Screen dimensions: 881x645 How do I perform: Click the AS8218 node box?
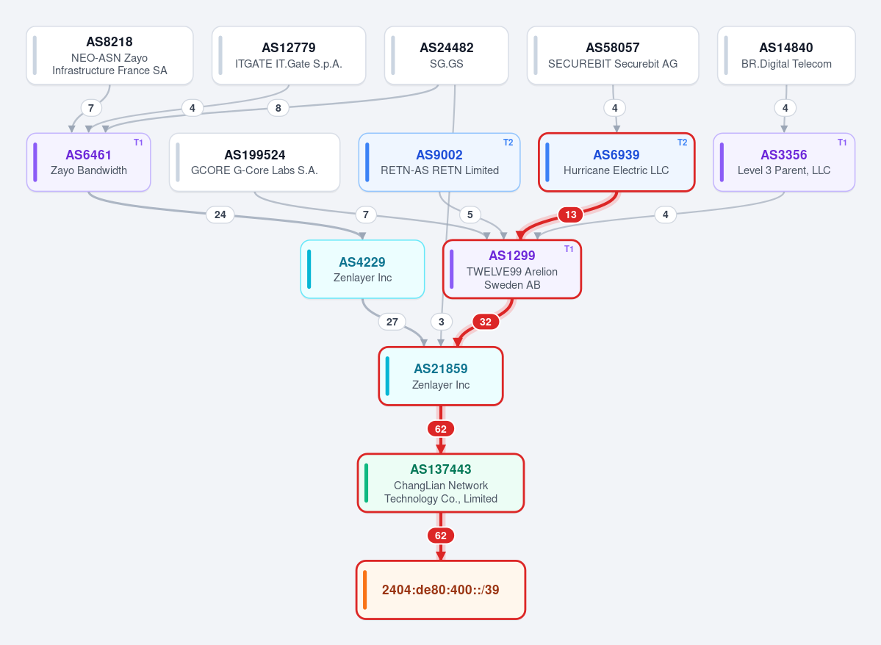[x=109, y=56]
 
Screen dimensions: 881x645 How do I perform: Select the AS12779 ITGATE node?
[x=289, y=56]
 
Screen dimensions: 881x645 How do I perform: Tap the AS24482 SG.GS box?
[x=447, y=56]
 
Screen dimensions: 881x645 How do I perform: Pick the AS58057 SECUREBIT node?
[x=613, y=56]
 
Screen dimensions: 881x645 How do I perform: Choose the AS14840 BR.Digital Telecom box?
[x=787, y=56]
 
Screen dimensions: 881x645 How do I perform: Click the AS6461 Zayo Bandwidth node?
[x=89, y=162]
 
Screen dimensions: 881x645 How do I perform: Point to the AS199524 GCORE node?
[x=254, y=162]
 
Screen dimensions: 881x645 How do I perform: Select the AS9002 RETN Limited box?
[x=439, y=162]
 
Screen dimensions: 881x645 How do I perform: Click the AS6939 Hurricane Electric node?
[x=616, y=162]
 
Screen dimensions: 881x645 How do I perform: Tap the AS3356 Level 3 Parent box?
[x=784, y=162]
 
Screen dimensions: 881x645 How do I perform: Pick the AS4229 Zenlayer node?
[x=362, y=269]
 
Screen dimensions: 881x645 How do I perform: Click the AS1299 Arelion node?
[x=512, y=269]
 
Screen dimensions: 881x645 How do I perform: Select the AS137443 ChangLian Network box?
[x=441, y=483]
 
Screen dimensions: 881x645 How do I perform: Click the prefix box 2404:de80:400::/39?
[x=441, y=590]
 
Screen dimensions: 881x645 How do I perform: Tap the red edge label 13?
[x=571, y=215]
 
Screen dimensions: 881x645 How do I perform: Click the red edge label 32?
[x=486, y=322]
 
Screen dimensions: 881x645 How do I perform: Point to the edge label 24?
[x=220, y=215]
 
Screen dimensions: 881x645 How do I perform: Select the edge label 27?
[x=392, y=322]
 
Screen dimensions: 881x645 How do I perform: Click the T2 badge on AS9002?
[x=508, y=143]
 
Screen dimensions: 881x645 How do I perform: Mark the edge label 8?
[x=278, y=108]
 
